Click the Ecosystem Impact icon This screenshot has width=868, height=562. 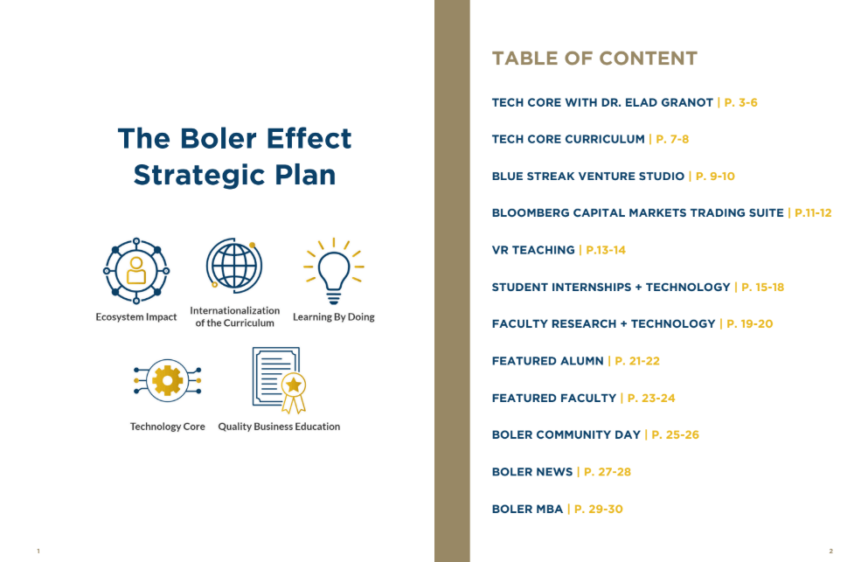tap(136, 271)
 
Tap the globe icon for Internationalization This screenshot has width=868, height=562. tap(234, 266)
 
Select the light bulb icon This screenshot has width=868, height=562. tap(333, 271)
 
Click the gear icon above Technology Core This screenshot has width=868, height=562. tap(167, 380)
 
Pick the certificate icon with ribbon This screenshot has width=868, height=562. tap(279, 380)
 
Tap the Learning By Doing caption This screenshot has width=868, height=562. tap(334, 316)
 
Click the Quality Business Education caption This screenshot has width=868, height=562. tap(279, 427)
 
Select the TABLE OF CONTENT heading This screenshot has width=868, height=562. tap(594, 59)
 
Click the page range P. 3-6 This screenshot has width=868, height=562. tap(740, 102)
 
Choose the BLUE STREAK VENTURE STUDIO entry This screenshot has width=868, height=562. tap(588, 176)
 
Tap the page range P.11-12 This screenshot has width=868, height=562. tap(813, 212)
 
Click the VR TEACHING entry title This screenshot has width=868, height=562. tap(533, 250)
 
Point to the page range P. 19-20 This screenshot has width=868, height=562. tap(749, 324)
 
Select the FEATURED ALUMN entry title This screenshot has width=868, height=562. tap(547, 361)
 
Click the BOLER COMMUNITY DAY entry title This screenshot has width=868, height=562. tap(566, 434)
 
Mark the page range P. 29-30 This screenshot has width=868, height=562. tap(599, 509)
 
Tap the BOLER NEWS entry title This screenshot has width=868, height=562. tap(532, 472)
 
